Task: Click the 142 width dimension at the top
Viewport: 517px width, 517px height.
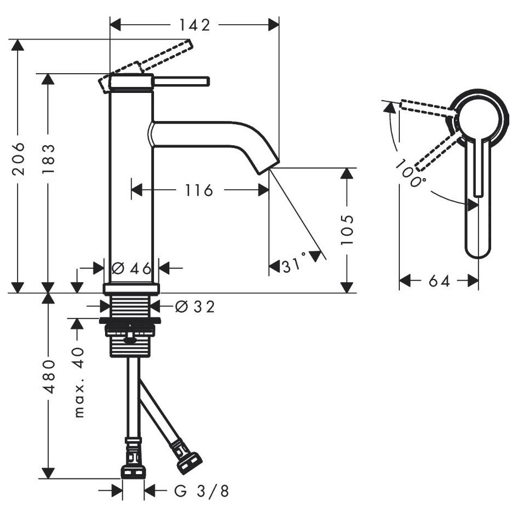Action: [x=194, y=25]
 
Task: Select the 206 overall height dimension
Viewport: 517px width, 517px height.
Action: [x=18, y=159]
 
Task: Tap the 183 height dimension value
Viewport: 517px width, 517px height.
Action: [x=48, y=159]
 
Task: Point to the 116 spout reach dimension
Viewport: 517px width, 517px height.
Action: [x=199, y=190]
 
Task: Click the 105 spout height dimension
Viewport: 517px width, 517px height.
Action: [x=347, y=230]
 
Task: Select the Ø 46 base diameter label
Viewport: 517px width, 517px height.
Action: [x=131, y=268]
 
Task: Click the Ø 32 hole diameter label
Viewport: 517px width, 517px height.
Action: [x=195, y=307]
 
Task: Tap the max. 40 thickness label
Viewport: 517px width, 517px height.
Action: [x=79, y=382]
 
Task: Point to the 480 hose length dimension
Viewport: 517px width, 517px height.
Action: [x=49, y=377]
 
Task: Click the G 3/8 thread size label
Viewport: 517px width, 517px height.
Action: [x=201, y=491]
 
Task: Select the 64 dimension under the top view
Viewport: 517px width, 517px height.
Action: [x=439, y=281]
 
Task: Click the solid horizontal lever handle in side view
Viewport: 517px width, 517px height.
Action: [x=181, y=82]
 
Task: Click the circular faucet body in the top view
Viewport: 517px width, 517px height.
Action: [x=480, y=120]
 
